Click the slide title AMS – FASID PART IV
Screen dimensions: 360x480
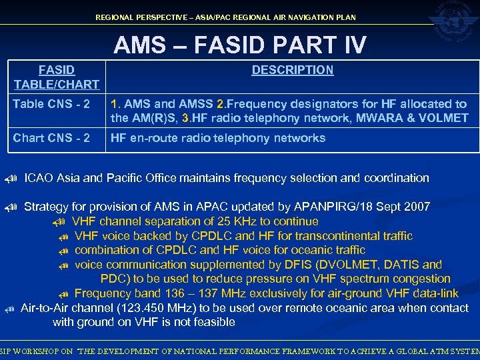click(240, 45)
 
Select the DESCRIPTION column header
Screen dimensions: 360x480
click(292, 70)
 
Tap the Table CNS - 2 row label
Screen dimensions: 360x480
click(51, 105)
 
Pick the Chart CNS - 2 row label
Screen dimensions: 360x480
click(51, 138)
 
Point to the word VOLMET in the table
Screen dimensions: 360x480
click(445, 119)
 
